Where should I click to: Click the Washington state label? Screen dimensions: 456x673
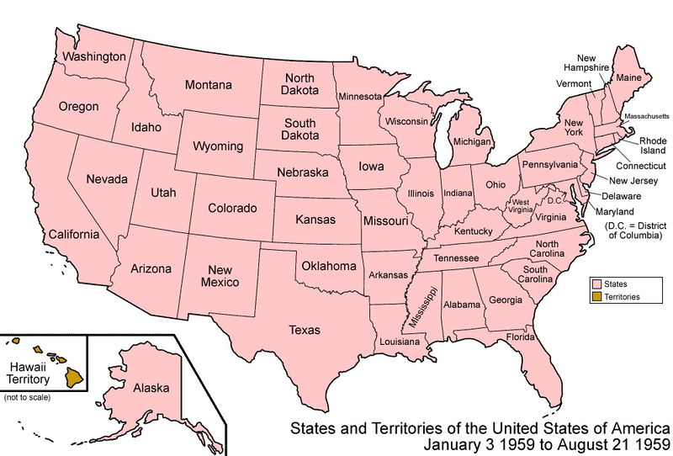pyautogui.click(x=94, y=56)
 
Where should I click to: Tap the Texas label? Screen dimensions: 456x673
pyautogui.click(x=305, y=330)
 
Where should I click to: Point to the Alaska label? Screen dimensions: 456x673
pyautogui.click(x=151, y=388)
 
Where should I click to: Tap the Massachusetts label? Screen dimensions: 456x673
pyautogui.click(x=647, y=114)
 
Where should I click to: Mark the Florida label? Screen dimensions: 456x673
pyautogui.click(x=521, y=337)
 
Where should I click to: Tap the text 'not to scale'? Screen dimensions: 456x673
pyautogui.click(x=27, y=396)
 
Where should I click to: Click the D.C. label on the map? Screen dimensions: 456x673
pyautogui.click(x=554, y=200)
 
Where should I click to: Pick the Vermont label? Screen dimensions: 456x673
pyautogui.click(x=573, y=84)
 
